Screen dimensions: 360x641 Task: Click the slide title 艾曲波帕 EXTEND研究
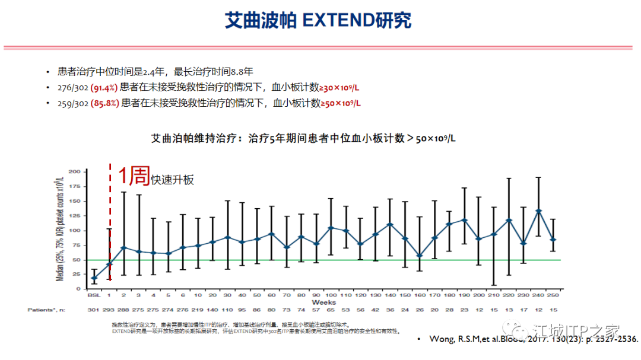[318, 20]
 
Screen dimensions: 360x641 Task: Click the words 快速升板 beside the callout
[172, 180]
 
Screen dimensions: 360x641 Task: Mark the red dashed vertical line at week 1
[110, 225]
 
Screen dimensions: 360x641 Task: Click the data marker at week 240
[538, 211]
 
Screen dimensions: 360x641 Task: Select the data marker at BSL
[94, 278]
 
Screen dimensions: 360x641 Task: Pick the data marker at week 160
[420, 256]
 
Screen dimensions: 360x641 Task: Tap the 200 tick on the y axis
[74, 171]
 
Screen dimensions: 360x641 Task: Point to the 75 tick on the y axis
[75, 245]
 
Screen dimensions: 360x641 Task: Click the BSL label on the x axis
[94, 295]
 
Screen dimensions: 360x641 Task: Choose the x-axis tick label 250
[553, 295]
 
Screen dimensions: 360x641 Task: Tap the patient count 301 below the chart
[94, 310]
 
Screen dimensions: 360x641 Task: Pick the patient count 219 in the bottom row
[198, 310]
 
